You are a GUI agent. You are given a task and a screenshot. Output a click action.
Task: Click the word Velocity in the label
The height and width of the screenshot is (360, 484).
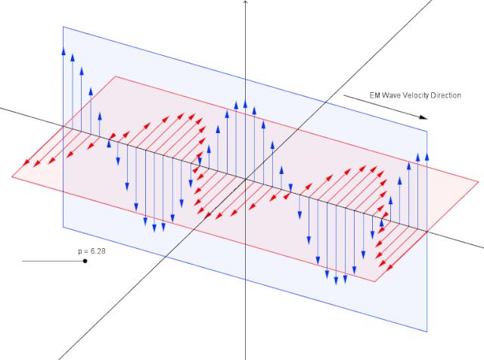click(x=409, y=95)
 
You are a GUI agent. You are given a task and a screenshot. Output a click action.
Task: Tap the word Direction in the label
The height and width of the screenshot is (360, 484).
click(x=444, y=95)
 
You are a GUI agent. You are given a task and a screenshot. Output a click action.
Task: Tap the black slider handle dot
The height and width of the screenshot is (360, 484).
click(x=85, y=261)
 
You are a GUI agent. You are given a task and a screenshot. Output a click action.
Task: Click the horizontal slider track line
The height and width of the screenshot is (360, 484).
click(x=53, y=261)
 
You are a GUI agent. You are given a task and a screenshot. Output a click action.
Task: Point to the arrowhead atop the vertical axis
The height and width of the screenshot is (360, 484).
click(x=246, y=3)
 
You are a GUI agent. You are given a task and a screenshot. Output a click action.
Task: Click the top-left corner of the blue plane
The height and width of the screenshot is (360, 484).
click(x=63, y=26)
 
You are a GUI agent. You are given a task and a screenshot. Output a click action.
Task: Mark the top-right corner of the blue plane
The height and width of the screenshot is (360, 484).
click(x=427, y=130)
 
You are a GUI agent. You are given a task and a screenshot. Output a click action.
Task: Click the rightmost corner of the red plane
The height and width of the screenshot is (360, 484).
click(x=479, y=182)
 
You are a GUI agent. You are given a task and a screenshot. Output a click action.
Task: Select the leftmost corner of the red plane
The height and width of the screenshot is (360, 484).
click(x=11, y=176)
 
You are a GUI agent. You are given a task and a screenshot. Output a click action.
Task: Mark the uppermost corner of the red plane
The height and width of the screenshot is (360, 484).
click(x=114, y=76)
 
